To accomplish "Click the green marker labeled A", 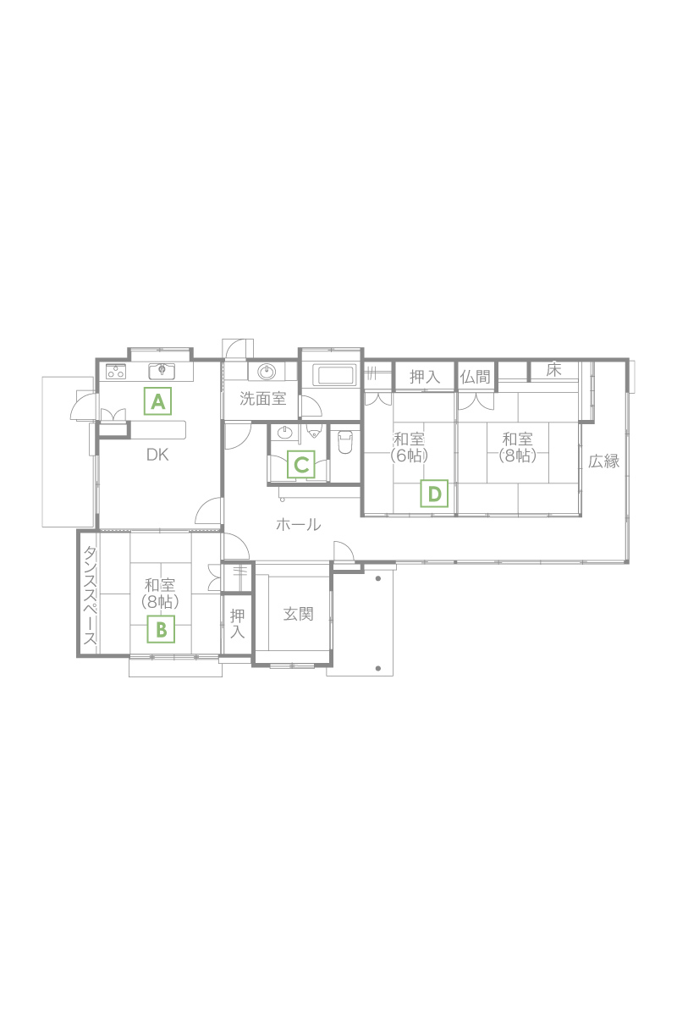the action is tap(157, 401).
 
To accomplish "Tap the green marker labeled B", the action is tap(161, 630).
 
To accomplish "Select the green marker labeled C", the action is tap(301, 464).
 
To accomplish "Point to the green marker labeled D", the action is tap(434, 494).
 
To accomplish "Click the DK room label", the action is tap(157, 455).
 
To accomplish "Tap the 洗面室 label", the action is tap(263, 399).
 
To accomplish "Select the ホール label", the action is tap(299, 525).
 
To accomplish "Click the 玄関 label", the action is tap(299, 614).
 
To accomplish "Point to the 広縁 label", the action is tap(604, 461).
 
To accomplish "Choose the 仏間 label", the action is tap(476, 377).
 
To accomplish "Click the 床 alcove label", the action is tap(553, 370).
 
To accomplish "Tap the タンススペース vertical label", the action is tap(90, 595).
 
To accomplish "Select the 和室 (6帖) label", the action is tap(410, 447).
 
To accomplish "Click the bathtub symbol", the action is tap(336, 376).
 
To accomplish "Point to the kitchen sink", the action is tap(162, 371).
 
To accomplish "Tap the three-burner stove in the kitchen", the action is tap(116, 371).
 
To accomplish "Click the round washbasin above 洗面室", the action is tap(267, 372).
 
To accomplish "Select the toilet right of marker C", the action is tap(345, 442).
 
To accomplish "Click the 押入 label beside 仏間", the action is tap(425, 377).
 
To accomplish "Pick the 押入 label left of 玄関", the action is tap(237, 623).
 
